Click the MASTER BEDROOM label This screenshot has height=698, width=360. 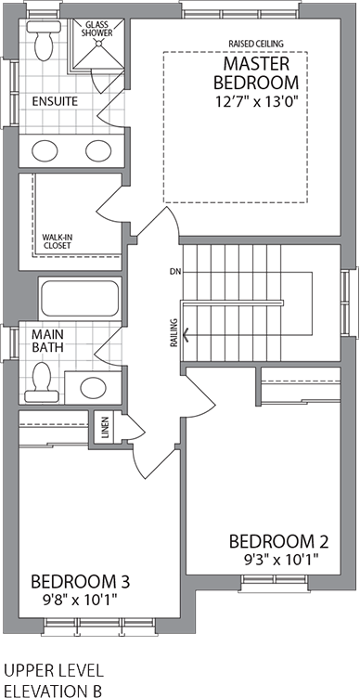(256, 75)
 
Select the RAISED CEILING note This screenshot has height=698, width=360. (256, 43)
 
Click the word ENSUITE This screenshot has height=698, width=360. (54, 100)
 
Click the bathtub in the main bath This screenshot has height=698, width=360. (79, 299)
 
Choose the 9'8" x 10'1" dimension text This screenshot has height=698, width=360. (80, 600)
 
